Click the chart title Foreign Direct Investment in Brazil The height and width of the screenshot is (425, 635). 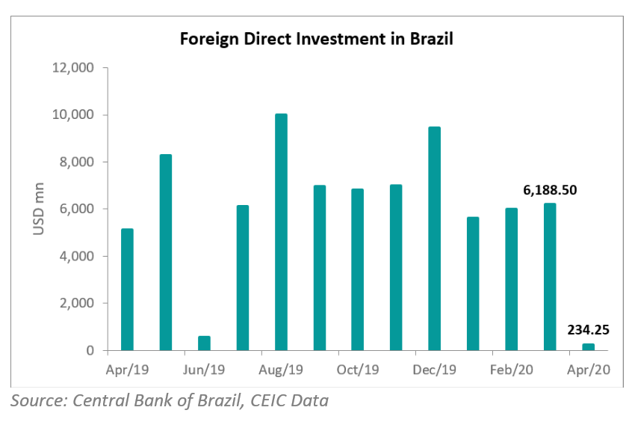click(317, 38)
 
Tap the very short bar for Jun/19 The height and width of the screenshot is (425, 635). click(204, 343)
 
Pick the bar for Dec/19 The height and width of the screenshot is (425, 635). click(435, 239)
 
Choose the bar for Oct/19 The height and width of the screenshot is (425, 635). click(358, 269)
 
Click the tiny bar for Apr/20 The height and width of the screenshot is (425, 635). click(589, 347)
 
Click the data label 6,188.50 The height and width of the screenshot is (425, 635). click(550, 190)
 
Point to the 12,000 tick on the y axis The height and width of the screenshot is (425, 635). click(73, 68)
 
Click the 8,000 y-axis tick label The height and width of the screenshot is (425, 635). click(76, 162)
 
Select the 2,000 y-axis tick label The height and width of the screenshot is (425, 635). click(76, 304)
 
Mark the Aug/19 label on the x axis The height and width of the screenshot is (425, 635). click(281, 370)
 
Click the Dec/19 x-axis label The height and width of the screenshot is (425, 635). click(435, 370)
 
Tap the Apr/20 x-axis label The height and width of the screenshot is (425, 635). click(589, 370)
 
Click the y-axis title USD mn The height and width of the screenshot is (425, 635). click(40, 210)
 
